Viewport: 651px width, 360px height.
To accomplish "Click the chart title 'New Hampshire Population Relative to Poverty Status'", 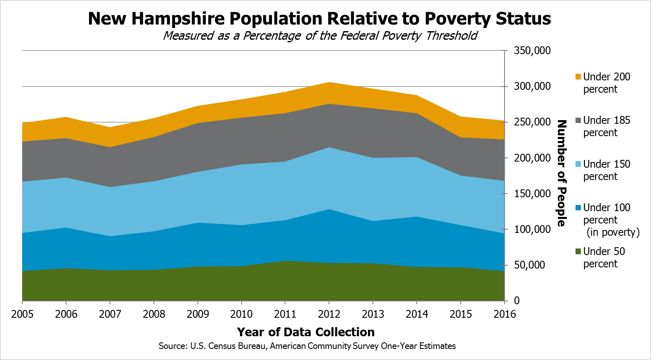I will [319, 19].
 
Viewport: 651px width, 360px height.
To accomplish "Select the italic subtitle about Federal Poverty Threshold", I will [320, 36].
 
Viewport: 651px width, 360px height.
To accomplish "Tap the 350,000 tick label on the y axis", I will [532, 50].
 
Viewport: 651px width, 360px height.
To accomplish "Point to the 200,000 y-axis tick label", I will [532, 158].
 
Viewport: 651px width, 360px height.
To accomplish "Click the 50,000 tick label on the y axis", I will [530, 265].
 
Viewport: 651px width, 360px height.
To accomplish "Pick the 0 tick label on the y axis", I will [516, 301].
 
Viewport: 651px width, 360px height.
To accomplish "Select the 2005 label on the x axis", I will [22, 314].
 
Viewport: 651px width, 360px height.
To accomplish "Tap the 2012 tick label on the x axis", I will [329, 314].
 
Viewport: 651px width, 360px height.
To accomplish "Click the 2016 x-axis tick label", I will [504, 314].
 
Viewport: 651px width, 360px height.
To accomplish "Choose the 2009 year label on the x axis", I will [198, 314].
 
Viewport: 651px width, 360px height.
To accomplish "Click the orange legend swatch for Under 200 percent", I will [578, 77].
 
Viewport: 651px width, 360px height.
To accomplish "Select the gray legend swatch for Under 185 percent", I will [578, 120].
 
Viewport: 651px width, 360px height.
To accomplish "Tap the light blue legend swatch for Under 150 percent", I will [578, 164].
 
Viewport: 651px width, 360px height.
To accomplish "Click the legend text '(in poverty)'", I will [613, 232].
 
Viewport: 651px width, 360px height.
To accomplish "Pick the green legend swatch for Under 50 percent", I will [578, 251].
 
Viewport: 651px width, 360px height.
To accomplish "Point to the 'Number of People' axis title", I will [562, 173].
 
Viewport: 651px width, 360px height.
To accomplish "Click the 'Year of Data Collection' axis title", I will [306, 332].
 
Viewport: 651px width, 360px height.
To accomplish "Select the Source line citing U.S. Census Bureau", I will [307, 346].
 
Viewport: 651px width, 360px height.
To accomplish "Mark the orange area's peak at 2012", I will [329, 82].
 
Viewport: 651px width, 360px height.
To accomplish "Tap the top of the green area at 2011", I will [285, 261].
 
